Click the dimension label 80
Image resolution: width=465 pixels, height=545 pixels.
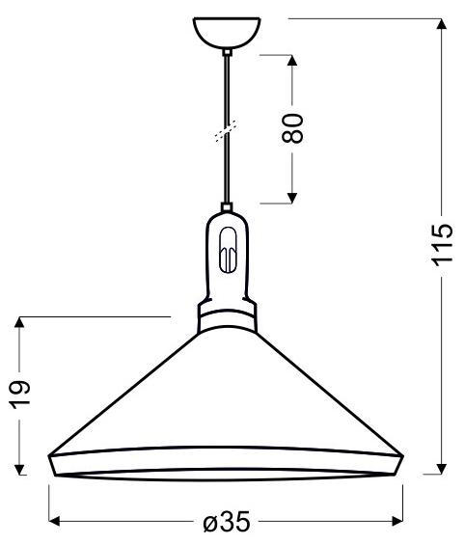coord(296,126)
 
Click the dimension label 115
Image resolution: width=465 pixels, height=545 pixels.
coord(441,246)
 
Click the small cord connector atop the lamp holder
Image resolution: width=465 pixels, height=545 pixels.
coord(226,206)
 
